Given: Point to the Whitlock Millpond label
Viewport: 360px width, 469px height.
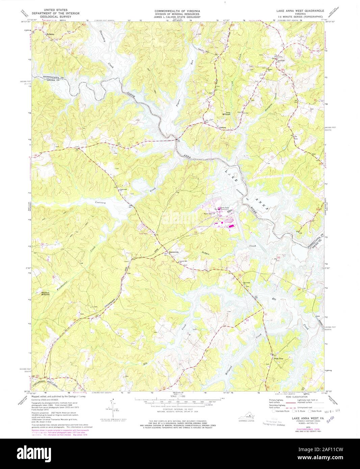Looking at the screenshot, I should pyautogui.click(x=45, y=293).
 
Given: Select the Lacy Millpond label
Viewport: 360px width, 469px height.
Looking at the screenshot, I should pyautogui.click(x=226, y=114).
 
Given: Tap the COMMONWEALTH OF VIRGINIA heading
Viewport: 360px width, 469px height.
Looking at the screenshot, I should pyautogui.click(x=180, y=11).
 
